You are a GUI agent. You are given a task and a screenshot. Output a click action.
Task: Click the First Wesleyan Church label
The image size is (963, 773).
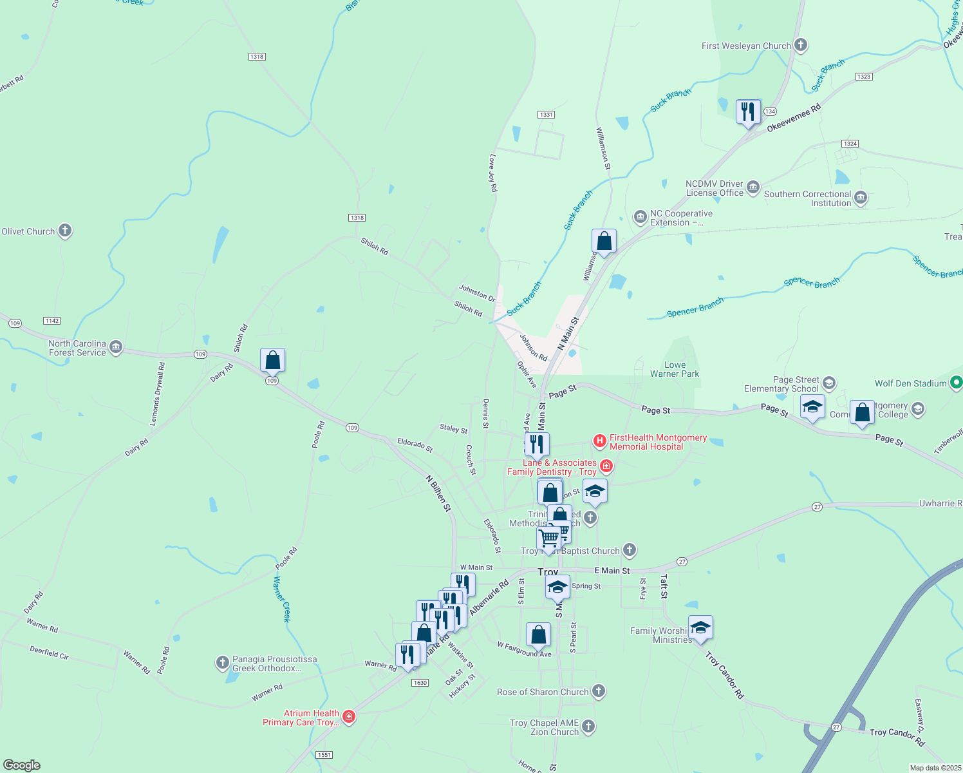pyautogui.click(x=746, y=46)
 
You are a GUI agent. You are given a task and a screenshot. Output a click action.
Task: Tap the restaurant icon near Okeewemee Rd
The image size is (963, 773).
pyautogui.click(x=748, y=112)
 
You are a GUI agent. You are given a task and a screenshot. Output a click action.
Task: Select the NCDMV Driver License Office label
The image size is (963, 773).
pyautogui.click(x=714, y=188)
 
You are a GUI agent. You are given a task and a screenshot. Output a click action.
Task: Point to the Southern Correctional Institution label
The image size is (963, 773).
pyautogui.click(x=807, y=198)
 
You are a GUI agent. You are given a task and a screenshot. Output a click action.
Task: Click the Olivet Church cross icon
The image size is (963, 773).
pyautogui.click(x=65, y=231)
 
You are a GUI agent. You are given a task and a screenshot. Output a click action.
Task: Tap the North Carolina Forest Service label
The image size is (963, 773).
pyautogui.click(x=77, y=348)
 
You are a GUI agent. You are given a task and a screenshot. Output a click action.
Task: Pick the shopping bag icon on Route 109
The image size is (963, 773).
pyautogui.click(x=272, y=360)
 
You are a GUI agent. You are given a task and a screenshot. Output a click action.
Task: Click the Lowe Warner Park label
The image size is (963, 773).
pyautogui.click(x=675, y=369)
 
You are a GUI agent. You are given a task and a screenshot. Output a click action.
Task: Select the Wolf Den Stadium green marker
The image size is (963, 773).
pyautogui.click(x=957, y=383)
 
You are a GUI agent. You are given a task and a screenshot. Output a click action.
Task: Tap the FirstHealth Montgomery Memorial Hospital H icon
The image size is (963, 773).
pyautogui.click(x=600, y=441)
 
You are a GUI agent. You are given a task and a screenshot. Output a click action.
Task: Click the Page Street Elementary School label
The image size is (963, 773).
pyautogui.click(x=781, y=384)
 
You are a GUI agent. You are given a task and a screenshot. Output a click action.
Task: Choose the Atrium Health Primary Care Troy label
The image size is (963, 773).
pyautogui.click(x=301, y=718)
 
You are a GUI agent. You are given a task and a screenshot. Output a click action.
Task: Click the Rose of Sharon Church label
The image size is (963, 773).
pyautogui.click(x=543, y=692)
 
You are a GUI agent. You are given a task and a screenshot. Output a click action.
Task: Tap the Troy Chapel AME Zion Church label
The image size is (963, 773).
pyautogui.click(x=544, y=727)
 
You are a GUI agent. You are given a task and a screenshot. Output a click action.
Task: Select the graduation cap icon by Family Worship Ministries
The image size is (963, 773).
pyautogui.click(x=700, y=627)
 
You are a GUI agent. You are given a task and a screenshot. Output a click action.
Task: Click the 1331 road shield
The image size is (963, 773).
pyautogui.click(x=546, y=115)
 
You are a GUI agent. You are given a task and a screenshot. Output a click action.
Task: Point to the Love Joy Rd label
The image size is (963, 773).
pyautogui.click(x=493, y=173)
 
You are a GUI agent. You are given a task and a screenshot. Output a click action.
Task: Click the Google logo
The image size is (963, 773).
pyautogui.click(x=22, y=765)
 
